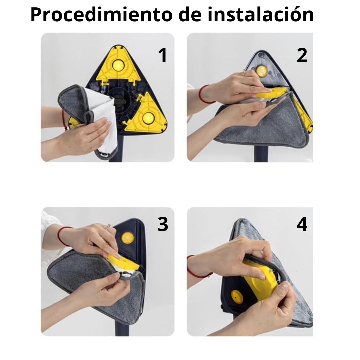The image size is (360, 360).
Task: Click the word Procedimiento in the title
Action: click(101, 15)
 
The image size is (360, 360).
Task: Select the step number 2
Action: click(302, 55)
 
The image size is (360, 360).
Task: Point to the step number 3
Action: click(163, 224)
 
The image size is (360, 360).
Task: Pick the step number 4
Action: click(302, 224)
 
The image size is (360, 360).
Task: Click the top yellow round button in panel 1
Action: click(118, 65)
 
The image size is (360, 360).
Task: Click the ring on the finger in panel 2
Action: click(245, 73)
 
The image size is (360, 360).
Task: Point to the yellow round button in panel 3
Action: click(127, 238)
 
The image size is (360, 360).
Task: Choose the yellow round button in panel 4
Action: click(237, 297)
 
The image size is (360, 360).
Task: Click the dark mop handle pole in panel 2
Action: click(261, 154)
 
